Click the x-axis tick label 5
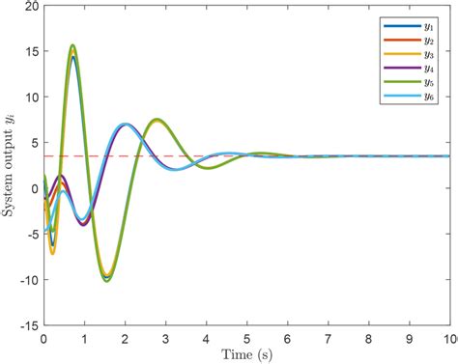click(246, 339)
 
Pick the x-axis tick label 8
click(368, 339)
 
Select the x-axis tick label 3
click(165, 339)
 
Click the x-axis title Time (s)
click(246, 354)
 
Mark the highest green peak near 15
click(72, 45)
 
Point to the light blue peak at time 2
click(125, 124)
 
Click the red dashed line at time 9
click(409, 155)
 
